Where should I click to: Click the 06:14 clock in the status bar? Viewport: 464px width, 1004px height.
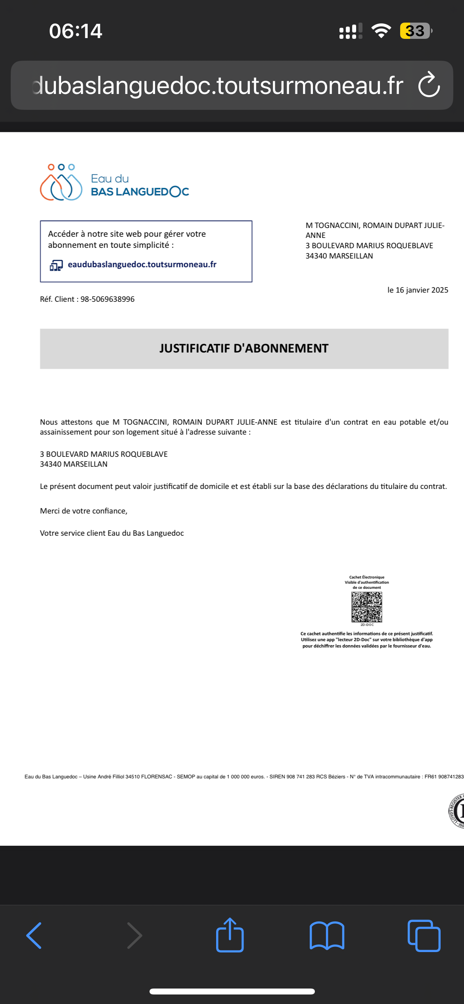[x=75, y=31]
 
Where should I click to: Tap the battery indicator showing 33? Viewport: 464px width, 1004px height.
[x=415, y=31]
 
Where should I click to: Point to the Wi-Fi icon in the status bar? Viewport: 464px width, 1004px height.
[x=381, y=31]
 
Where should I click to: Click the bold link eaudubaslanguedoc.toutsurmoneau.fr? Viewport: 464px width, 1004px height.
[x=142, y=264]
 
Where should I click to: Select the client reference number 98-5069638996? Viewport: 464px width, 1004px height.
[x=107, y=299]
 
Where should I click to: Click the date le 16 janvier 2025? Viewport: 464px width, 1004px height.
[x=418, y=290]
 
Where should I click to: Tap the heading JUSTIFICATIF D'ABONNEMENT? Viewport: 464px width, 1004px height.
[x=244, y=349]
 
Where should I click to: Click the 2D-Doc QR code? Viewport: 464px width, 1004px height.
[x=367, y=607]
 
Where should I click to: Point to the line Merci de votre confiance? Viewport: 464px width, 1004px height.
[x=84, y=511]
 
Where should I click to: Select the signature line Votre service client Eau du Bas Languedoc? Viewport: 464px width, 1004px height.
[x=112, y=533]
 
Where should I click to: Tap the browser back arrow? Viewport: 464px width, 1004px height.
[x=34, y=935]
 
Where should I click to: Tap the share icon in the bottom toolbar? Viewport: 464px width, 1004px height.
[x=230, y=935]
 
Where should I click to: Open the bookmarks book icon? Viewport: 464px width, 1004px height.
[x=327, y=935]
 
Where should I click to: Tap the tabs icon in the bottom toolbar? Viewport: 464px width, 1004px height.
[x=424, y=935]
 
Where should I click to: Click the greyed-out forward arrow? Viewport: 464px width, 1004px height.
[x=134, y=935]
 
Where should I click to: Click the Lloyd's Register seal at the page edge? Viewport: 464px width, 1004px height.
[x=457, y=811]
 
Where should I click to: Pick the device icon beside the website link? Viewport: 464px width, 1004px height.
[x=56, y=265]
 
